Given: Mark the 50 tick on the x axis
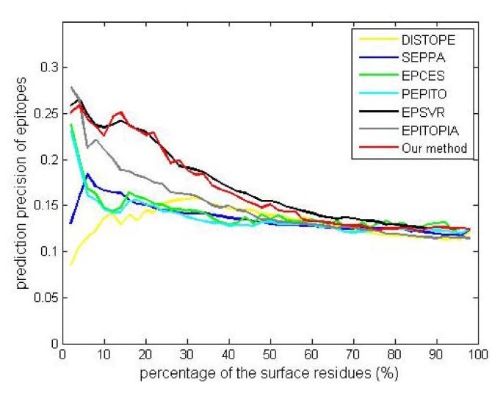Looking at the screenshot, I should [x=271, y=354].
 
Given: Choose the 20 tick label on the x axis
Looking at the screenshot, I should [x=146, y=354].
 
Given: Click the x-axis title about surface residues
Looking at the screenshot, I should [x=271, y=373].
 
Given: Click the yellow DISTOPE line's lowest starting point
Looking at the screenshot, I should [x=70, y=265].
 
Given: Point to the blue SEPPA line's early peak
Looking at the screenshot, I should [x=87, y=174].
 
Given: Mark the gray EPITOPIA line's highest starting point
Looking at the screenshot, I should [x=71, y=87].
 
